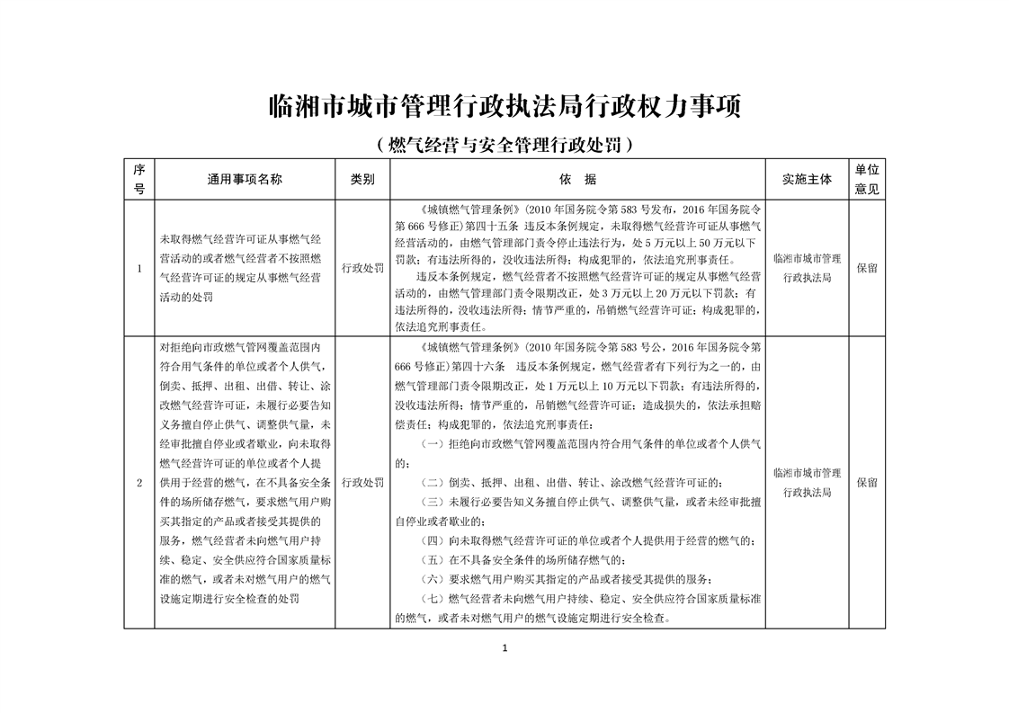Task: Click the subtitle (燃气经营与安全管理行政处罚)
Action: click(504, 144)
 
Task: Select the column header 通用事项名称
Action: click(245, 179)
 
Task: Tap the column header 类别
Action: click(362, 179)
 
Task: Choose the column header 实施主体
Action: click(807, 179)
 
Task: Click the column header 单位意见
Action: click(867, 179)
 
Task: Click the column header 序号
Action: click(138, 179)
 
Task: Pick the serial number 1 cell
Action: click(138, 268)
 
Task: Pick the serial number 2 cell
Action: click(138, 483)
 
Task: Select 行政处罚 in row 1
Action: click(362, 268)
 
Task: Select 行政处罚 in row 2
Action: click(362, 483)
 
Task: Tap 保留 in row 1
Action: click(867, 268)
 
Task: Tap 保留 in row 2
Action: click(867, 483)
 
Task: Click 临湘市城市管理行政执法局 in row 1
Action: click(807, 268)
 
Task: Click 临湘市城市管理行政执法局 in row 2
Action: click(807, 483)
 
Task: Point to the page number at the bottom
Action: click(504, 648)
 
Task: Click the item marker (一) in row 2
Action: click(434, 444)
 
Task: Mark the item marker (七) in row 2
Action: click(434, 600)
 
